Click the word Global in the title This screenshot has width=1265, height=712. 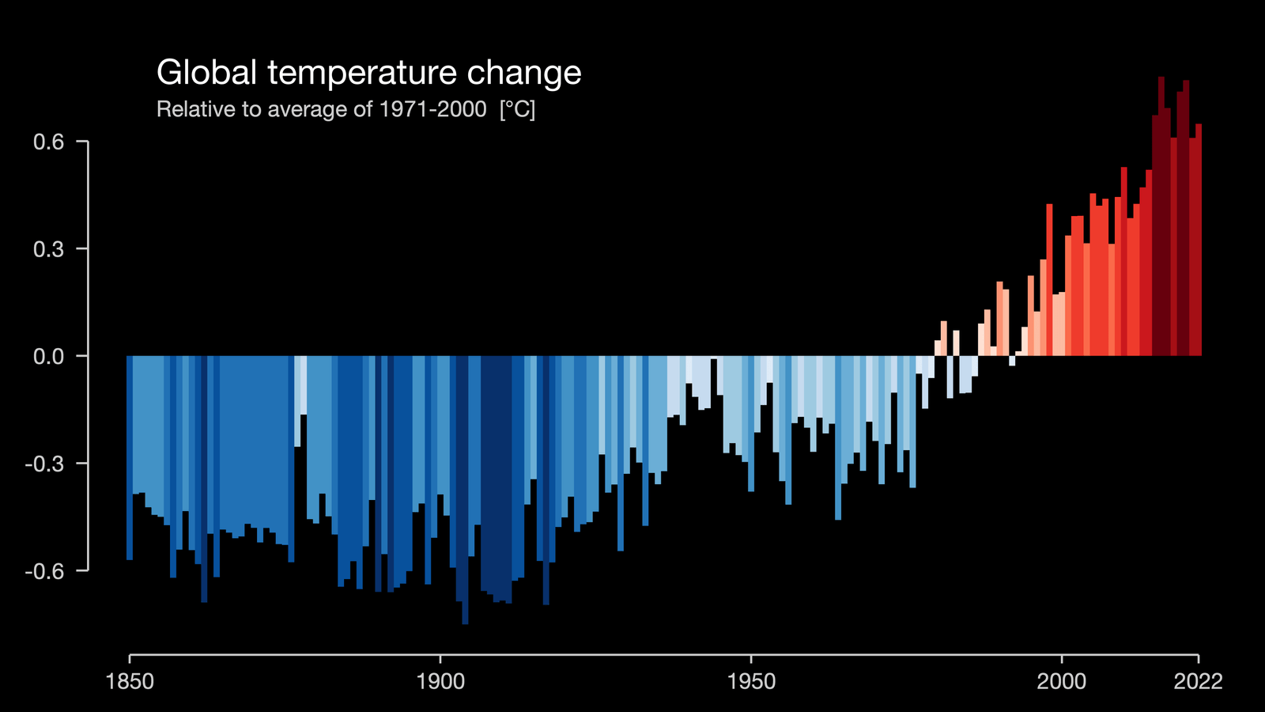(x=206, y=73)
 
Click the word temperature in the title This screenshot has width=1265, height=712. (x=361, y=73)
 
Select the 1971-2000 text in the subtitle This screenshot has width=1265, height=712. (x=432, y=109)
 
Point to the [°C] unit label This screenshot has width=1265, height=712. (x=517, y=109)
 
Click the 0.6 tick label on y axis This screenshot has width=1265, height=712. (x=48, y=142)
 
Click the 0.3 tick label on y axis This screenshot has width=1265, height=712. (x=48, y=249)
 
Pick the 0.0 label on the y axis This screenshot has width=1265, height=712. (x=48, y=357)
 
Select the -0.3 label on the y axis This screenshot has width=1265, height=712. (x=44, y=464)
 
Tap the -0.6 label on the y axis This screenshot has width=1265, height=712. (x=44, y=571)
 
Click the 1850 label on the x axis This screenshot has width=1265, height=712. (x=130, y=681)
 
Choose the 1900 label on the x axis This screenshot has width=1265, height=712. (x=440, y=681)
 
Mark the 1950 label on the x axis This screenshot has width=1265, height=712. (x=751, y=681)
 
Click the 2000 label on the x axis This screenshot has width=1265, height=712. (x=1062, y=681)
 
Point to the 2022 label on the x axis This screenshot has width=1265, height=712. (x=1198, y=681)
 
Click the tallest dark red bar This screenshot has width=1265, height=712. (x=1161, y=222)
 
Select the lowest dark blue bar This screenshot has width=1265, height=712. (x=465, y=490)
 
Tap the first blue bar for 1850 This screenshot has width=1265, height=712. (x=130, y=459)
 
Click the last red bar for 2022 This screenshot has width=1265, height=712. (x=1199, y=237)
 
